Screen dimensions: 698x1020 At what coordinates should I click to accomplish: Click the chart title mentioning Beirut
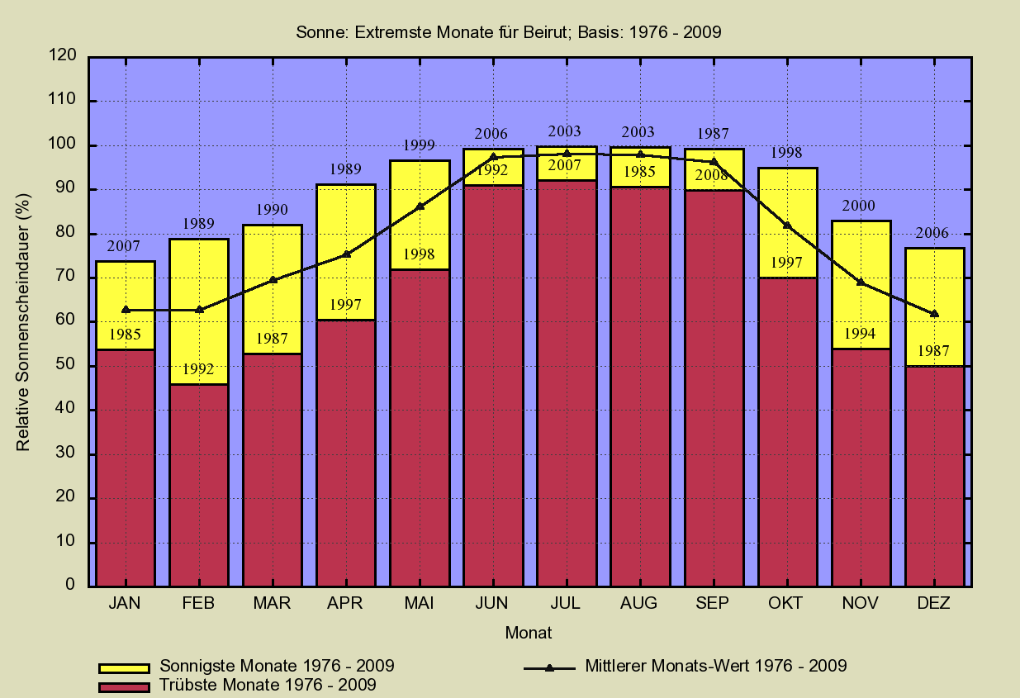(x=509, y=33)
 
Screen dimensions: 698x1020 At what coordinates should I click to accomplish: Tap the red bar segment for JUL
(x=567, y=380)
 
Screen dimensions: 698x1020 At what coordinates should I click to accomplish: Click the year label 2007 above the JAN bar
(x=125, y=246)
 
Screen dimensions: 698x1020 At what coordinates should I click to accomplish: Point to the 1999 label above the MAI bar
(x=420, y=145)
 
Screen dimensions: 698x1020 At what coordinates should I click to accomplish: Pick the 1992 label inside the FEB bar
(x=199, y=369)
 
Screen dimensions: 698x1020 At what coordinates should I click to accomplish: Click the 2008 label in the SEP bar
(x=711, y=175)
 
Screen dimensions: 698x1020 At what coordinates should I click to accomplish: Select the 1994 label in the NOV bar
(x=860, y=335)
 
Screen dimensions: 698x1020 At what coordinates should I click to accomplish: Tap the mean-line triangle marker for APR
(x=346, y=254)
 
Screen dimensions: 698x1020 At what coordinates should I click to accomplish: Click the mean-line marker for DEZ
(x=934, y=314)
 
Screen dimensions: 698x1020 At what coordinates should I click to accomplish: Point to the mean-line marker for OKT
(x=787, y=226)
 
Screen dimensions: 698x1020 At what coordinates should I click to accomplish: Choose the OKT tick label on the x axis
(x=785, y=604)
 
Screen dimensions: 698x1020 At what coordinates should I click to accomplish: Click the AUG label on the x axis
(x=638, y=604)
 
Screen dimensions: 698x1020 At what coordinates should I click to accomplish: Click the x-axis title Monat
(x=529, y=634)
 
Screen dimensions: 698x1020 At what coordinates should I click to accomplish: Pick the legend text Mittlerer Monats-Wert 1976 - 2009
(x=715, y=665)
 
